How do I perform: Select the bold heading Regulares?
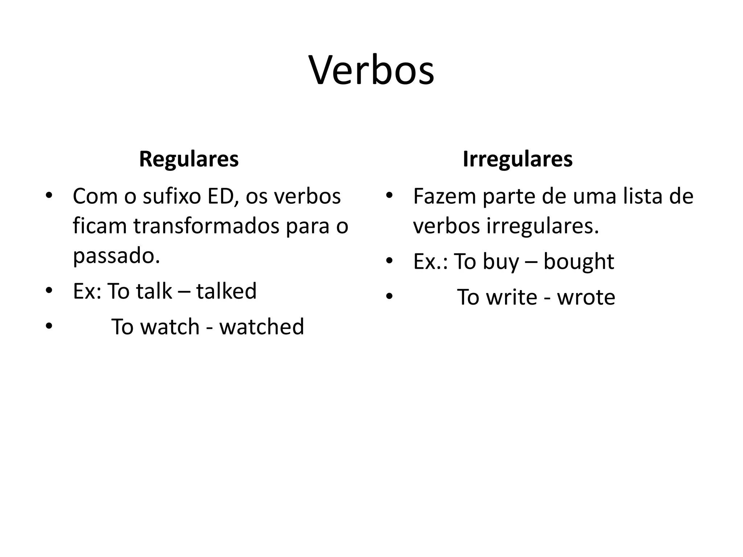189,159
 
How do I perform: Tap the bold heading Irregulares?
517,159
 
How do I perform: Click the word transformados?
206,226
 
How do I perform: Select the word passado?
116,256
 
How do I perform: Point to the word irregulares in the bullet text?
542,226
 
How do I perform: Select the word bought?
579,261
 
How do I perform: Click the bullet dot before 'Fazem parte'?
389,196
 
